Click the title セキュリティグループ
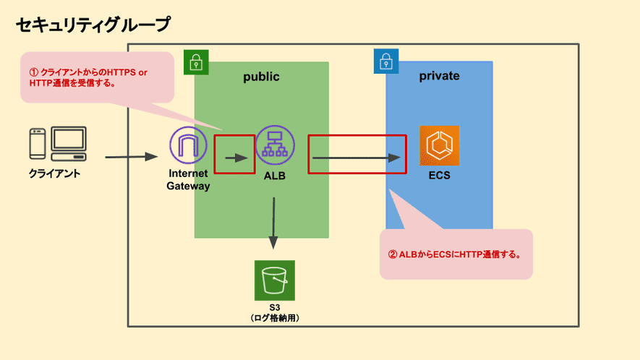pos(93,25)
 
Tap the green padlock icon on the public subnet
pos(195,61)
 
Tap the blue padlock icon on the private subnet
pos(386,61)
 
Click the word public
pos(261,77)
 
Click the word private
pos(439,76)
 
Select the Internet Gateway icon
pos(188,145)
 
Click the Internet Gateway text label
pos(188,180)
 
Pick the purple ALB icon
pos(275,145)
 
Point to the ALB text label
pos(275,175)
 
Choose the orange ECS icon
pos(439,145)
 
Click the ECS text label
pos(439,175)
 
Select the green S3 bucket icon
pos(274,280)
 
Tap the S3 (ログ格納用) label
pos(274,313)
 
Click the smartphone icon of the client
pos(38,145)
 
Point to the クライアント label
pos(54,173)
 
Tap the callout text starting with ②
pos(456,254)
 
